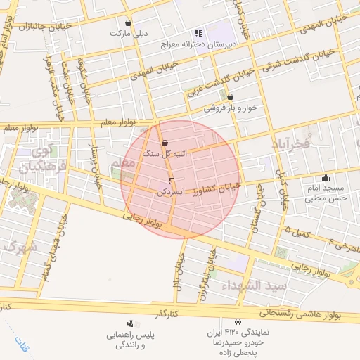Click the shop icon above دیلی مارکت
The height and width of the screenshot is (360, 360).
tap(127, 22)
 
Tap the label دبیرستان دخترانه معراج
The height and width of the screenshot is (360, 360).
tap(219, 43)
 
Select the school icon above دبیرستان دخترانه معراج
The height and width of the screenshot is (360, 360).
tap(199, 32)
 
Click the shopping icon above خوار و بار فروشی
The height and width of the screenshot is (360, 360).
tap(230, 97)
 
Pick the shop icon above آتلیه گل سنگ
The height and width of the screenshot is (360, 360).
tap(164, 143)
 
